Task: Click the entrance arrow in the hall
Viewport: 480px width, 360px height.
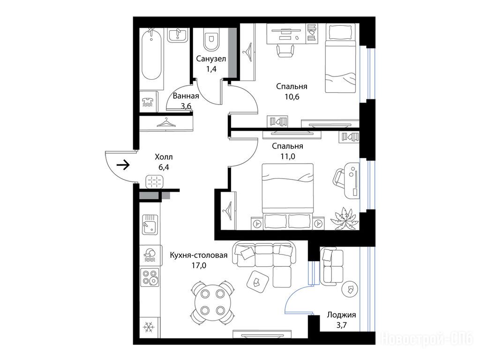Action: click(x=123, y=165)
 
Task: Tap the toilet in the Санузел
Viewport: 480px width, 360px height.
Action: click(x=211, y=39)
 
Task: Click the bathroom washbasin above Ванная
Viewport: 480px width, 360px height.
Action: click(x=178, y=35)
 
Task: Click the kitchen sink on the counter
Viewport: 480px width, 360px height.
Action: click(x=150, y=224)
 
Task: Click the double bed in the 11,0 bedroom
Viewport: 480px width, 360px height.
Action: click(x=288, y=196)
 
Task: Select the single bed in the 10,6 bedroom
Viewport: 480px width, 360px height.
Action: click(x=340, y=58)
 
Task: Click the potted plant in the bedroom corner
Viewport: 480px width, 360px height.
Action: click(x=345, y=218)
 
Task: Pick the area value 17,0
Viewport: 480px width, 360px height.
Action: click(x=199, y=265)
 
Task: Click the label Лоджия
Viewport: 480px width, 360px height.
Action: click(x=341, y=315)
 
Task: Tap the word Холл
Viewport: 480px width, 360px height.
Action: click(x=164, y=157)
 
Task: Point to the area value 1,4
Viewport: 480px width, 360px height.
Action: click(x=211, y=69)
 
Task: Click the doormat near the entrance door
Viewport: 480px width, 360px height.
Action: click(x=154, y=181)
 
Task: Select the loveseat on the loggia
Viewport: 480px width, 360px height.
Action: click(x=331, y=266)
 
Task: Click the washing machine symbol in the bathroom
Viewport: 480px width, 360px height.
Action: click(x=149, y=101)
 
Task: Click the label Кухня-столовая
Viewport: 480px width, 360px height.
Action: click(x=199, y=255)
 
